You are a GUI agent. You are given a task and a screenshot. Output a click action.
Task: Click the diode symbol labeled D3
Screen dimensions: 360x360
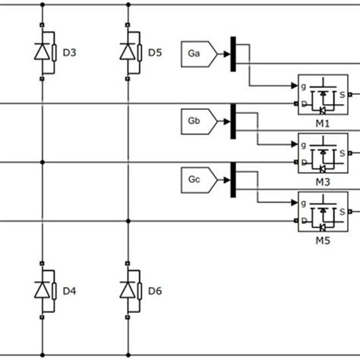pos(43,52)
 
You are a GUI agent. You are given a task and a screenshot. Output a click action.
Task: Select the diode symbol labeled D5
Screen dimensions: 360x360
pos(129,52)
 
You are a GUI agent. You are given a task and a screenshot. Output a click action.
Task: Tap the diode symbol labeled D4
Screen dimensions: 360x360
pos(43,289)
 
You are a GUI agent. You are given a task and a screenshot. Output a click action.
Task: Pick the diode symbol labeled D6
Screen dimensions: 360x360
pos(129,289)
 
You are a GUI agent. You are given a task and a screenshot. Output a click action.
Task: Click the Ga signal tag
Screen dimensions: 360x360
pos(199,52)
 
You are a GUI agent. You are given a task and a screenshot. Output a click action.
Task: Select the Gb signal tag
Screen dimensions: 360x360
pos(199,119)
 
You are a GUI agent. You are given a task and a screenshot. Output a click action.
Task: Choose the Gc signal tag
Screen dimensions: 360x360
pos(199,179)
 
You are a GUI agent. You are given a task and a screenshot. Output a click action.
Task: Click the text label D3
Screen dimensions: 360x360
pos(69,52)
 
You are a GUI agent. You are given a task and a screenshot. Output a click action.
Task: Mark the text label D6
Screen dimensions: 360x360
pos(155,290)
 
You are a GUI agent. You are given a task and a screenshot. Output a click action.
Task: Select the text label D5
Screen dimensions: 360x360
pos(155,52)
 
